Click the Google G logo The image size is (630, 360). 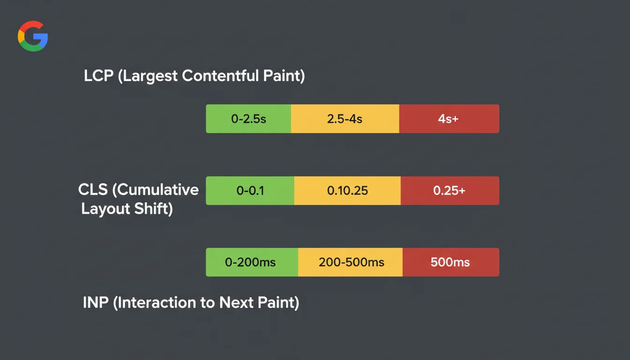click(x=33, y=36)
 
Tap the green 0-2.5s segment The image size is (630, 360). click(x=248, y=119)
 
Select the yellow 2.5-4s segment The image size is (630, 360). click(x=345, y=119)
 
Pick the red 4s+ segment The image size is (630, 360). click(x=449, y=119)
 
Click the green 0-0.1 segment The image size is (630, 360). click(x=250, y=191)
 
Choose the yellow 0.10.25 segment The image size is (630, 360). click(x=347, y=191)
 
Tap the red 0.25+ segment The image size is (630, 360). click(x=450, y=191)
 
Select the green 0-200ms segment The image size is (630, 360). click(x=252, y=262)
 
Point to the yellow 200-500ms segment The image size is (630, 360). click(x=351, y=262)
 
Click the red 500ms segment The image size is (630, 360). click(x=450, y=262)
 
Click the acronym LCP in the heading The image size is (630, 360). click(x=99, y=76)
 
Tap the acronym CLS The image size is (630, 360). click(x=93, y=190)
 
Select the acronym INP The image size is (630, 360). click(x=96, y=303)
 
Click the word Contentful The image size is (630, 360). click(x=220, y=76)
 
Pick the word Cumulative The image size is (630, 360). click(x=158, y=190)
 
